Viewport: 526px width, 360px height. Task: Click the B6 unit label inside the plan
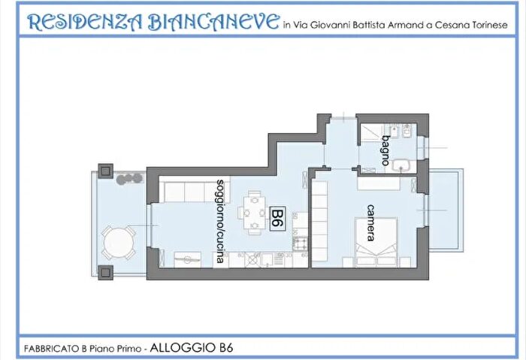277,219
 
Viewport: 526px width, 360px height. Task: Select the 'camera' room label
370,222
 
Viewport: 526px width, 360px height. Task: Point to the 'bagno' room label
385,142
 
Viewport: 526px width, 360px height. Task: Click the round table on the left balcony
118,243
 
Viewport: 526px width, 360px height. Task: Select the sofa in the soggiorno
184,192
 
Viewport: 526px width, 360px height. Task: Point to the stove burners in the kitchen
300,244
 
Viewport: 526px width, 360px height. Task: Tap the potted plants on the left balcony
128,179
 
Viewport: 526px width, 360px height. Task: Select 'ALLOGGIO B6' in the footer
192,346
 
